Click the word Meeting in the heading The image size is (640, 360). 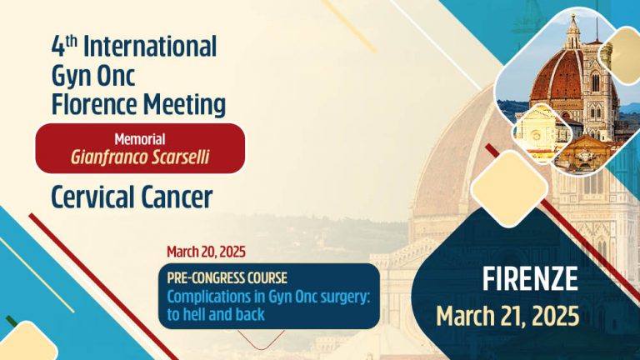pos(183,104)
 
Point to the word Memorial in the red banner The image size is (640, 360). pos(140,139)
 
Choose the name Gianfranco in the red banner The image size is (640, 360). pos(108,156)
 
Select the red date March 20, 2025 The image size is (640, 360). pos(206,251)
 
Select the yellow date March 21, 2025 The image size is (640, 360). pos(508,316)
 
